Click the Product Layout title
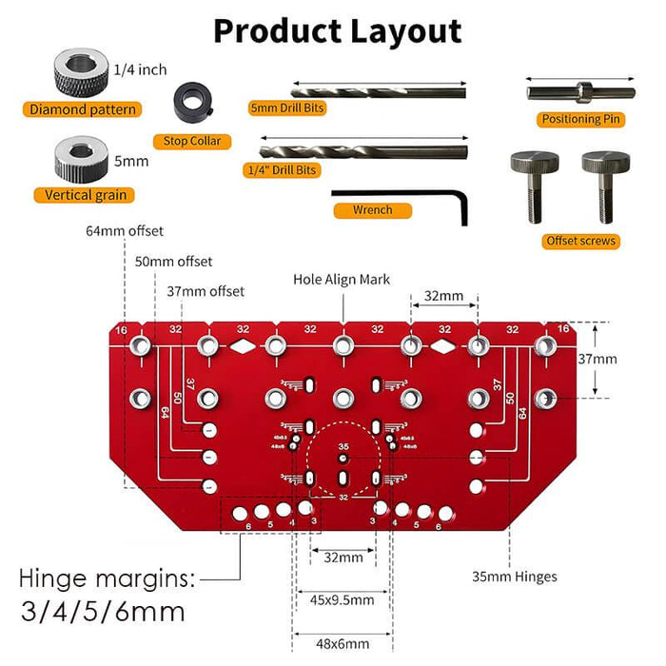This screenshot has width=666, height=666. tap(337, 30)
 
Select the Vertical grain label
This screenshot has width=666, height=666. tap(85, 195)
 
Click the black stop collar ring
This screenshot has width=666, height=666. tap(194, 102)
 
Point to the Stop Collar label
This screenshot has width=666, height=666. tap(192, 141)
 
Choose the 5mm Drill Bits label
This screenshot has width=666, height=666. tap(286, 108)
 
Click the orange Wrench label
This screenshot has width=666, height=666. tap(374, 209)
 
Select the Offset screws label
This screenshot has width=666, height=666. tap(580, 241)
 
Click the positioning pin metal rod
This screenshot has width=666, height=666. tap(580, 92)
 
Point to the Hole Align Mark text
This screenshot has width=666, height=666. tap(342, 280)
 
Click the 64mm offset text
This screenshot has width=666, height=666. tap(124, 231)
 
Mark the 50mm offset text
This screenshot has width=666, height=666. tap(172, 262)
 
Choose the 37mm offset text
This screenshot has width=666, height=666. tap(205, 291)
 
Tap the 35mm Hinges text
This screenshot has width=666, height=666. tap(515, 576)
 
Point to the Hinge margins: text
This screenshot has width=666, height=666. tap(108, 578)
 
